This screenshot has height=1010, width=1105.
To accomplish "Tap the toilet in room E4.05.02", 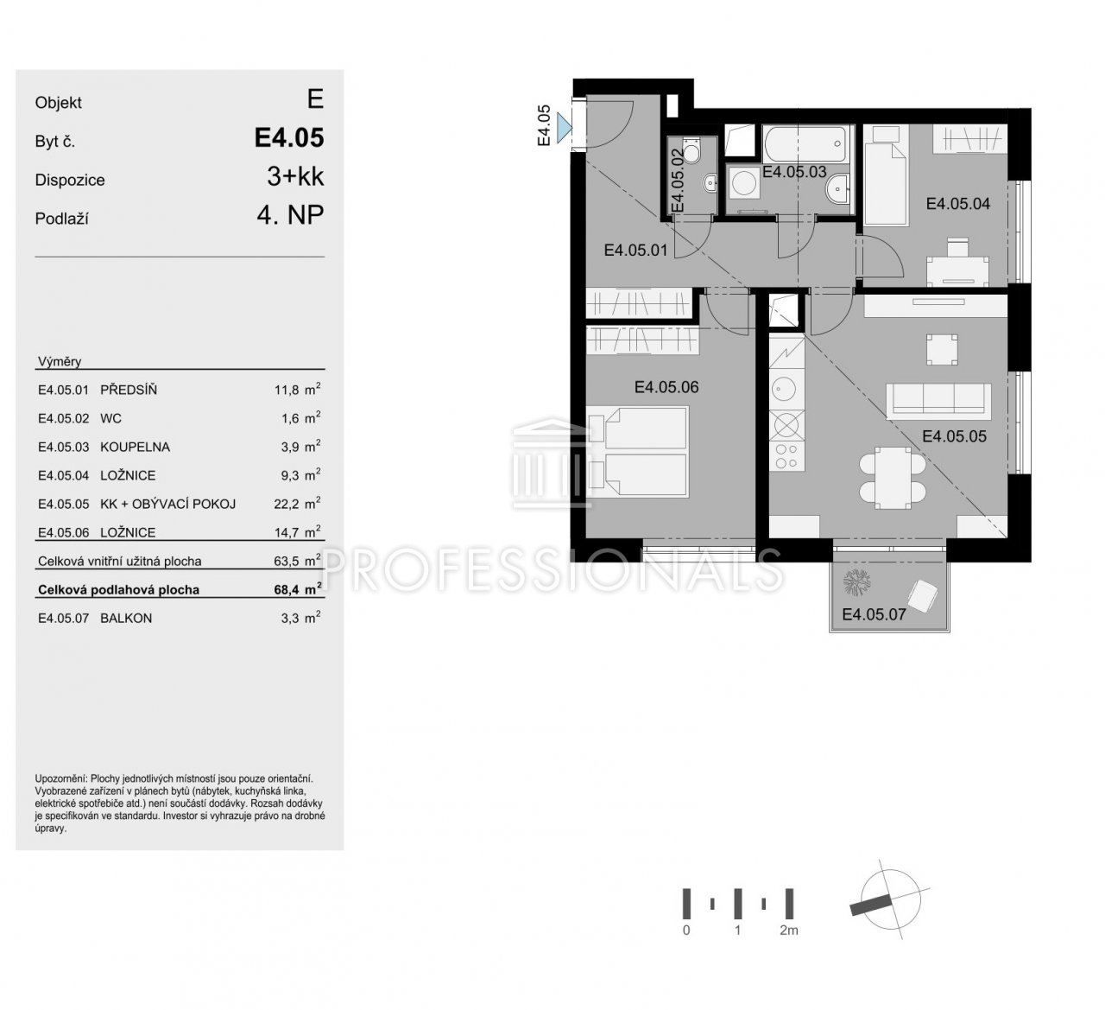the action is pos(691,151).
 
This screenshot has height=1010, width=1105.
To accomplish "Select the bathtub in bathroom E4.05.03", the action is pos(805,143).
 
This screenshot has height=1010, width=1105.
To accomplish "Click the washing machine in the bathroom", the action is pos(743,182).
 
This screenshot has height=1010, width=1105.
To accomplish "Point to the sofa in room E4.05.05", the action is pos(938,400).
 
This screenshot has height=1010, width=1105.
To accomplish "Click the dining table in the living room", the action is pos(893,478).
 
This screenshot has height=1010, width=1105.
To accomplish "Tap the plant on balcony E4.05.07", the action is pos(856,582).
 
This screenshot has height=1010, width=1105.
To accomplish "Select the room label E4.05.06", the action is pos(666,387).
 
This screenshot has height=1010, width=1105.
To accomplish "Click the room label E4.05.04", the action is pos(957,203).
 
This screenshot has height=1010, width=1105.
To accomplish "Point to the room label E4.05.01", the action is pos(635,251).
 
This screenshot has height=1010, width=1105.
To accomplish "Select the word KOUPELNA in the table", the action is pos(135,447).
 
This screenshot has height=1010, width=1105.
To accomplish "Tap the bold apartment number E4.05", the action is pos(289,137).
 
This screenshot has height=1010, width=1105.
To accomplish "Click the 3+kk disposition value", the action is pos(296,176).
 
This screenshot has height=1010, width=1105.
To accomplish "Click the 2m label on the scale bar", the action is pos(789,930).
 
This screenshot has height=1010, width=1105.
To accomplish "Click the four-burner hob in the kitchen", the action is pos(786,456).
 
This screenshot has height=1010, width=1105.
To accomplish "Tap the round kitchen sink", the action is pos(783,389).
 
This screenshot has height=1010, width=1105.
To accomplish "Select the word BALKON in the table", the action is pos(126,618).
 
